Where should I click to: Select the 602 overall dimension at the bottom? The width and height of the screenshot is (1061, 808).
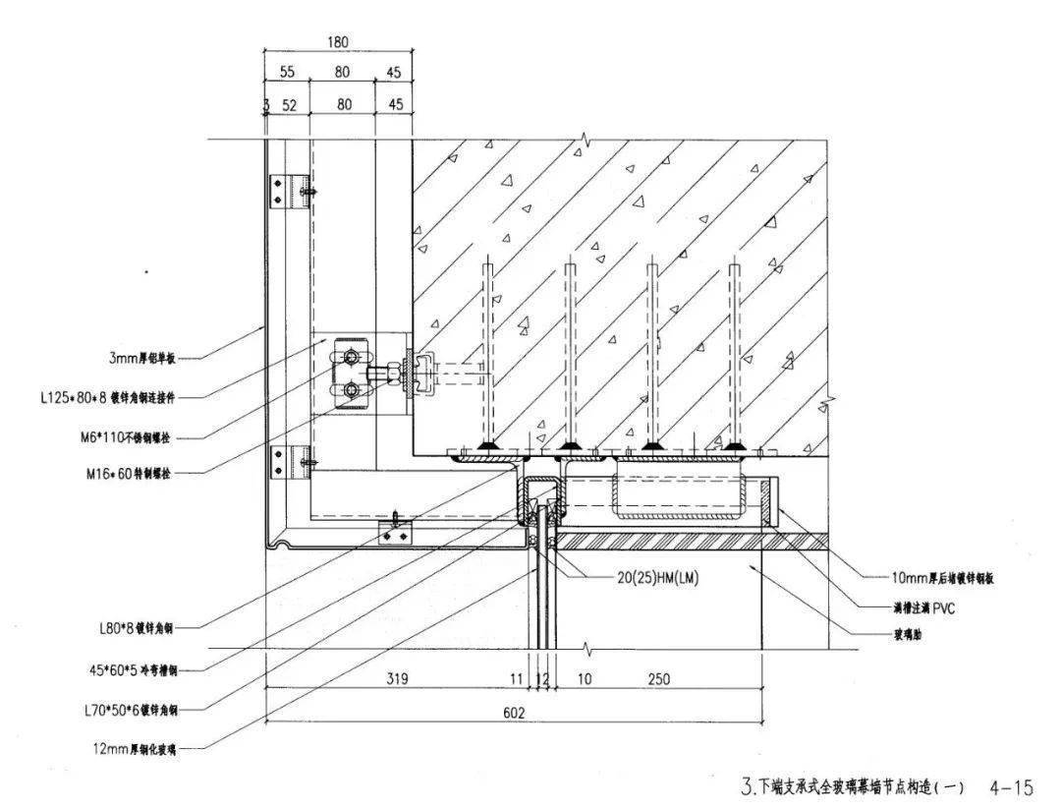(514, 713)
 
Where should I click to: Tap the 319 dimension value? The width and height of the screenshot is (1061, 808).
(397, 679)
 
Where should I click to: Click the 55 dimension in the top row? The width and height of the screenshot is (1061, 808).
(287, 73)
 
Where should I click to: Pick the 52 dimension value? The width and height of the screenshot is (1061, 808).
(290, 104)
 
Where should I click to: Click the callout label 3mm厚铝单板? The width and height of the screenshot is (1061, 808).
(150, 359)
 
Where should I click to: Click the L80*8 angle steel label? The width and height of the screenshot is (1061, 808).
(144, 625)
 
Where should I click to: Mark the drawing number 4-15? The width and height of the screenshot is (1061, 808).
(1011, 786)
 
